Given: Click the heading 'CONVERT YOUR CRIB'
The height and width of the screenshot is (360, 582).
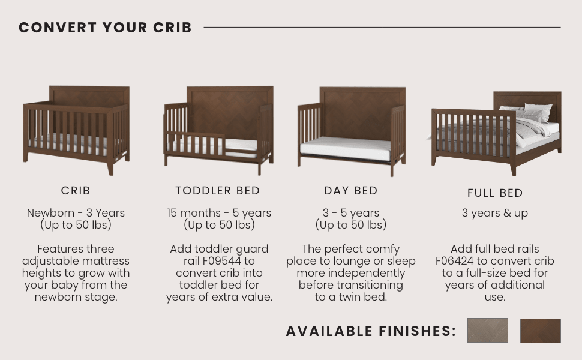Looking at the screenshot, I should [x=105, y=28].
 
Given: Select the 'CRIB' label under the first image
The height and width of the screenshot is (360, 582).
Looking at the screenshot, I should [x=76, y=191].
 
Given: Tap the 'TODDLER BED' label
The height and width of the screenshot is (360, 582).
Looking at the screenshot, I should [x=218, y=191].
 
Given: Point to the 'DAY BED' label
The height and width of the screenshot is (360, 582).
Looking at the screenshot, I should [x=351, y=191].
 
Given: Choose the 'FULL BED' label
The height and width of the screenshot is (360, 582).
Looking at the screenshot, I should [x=495, y=193].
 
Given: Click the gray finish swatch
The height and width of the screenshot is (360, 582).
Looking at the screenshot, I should [x=487, y=331].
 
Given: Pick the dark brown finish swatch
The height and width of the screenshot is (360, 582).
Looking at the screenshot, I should [x=540, y=331].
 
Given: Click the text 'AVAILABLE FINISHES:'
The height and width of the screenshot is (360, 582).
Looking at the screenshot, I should [x=371, y=331].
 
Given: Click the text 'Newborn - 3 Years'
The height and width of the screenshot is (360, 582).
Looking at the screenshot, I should [x=76, y=213].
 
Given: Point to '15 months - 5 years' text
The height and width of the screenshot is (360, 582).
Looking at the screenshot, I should [x=219, y=213].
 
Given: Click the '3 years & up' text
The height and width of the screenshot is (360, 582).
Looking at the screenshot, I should [x=495, y=213].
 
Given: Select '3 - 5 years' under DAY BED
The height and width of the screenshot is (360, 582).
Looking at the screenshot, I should [x=351, y=213].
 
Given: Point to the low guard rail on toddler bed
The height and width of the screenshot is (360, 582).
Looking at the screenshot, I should [x=195, y=142].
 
